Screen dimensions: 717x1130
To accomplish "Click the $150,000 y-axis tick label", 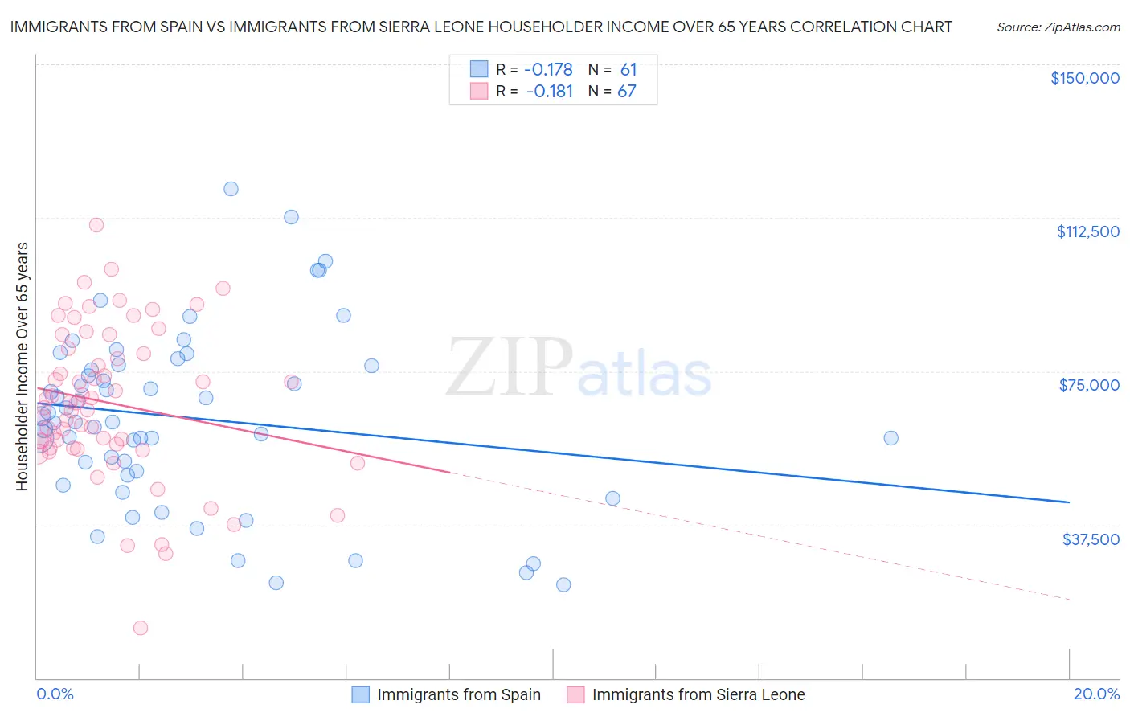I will pyautogui.click(x=1084, y=78).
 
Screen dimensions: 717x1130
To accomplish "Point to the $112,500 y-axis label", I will pyautogui.click(x=1087, y=231).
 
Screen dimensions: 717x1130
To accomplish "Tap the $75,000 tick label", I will pyautogui.click(x=1089, y=385).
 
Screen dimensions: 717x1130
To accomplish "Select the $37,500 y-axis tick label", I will pyautogui.click(x=1091, y=539).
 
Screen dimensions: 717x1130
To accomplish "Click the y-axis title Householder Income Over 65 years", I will pyautogui.click(x=23, y=366).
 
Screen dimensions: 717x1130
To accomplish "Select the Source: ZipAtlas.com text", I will pyautogui.click(x=1058, y=27).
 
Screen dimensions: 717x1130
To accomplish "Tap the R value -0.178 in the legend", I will pyautogui.click(x=549, y=70).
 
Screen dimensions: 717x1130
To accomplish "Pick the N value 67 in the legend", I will pyautogui.click(x=627, y=92).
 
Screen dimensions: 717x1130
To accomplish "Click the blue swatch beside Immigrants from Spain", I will pyautogui.click(x=361, y=694).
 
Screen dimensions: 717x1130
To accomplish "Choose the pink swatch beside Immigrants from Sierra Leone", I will pyautogui.click(x=575, y=694).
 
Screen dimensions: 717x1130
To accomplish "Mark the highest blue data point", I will pyautogui.click(x=231, y=189).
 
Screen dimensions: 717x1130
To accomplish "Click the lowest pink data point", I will pyautogui.click(x=141, y=628).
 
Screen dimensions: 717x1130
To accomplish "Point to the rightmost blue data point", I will pyautogui.click(x=890, y=438).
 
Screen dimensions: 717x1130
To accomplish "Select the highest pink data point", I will pyautogui.click(x=96, y=225).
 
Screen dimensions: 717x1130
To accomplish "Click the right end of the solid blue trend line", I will pyautogui.click(x=1069, y=502).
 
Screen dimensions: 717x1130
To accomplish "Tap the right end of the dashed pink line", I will pyautogui.click(x=1069, y=600).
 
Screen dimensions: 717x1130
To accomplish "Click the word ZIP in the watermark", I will pyautogui.click(x=509, y=368).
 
